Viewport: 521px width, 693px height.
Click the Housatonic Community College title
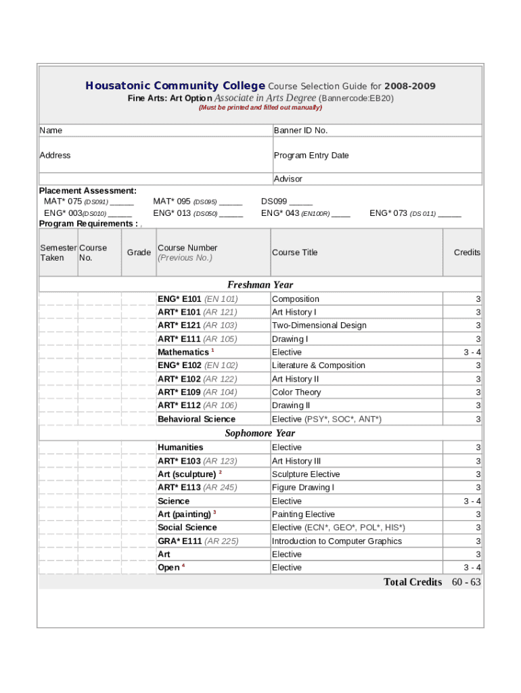pyautogui.click(x=175, y=86)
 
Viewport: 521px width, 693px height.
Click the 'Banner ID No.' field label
pyautogui.click(x=300, y=131)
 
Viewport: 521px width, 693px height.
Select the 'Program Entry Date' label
pyautogui.click(x=311, y=156)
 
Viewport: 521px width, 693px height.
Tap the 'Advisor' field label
pyautogui.click(x=288, y=179)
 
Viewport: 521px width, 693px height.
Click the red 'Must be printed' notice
pyautogui.click(x=260, y=108)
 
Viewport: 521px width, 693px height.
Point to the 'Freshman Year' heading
pyautogui.click(x=260, y=285)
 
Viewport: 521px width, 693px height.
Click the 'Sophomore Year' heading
pyautogui.click(x=260, y=433)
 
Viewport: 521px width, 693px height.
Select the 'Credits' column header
pyautogui.click(x=466, y=252)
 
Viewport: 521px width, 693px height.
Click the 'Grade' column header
pyautogui.click(x=139, y=252)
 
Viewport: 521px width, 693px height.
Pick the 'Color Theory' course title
pyautogui.click(x=296, y=393)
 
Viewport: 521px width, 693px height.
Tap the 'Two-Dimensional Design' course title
pyautogui.click(x=319, y=326)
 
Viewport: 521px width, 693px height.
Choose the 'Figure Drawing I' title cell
pyautogui.click(x=302, y=488)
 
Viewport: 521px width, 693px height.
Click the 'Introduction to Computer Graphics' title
pyautogui.click(x=336, y=541)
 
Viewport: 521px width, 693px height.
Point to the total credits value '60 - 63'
pyautogui.click(x=466, y=582)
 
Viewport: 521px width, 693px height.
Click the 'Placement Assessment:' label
pyautogui.click(x=87, y=191)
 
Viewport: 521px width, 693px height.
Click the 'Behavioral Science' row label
pyautogui.click(x=196, y=420)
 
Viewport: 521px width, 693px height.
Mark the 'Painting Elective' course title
pyautogui.click(x=303, y=514)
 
